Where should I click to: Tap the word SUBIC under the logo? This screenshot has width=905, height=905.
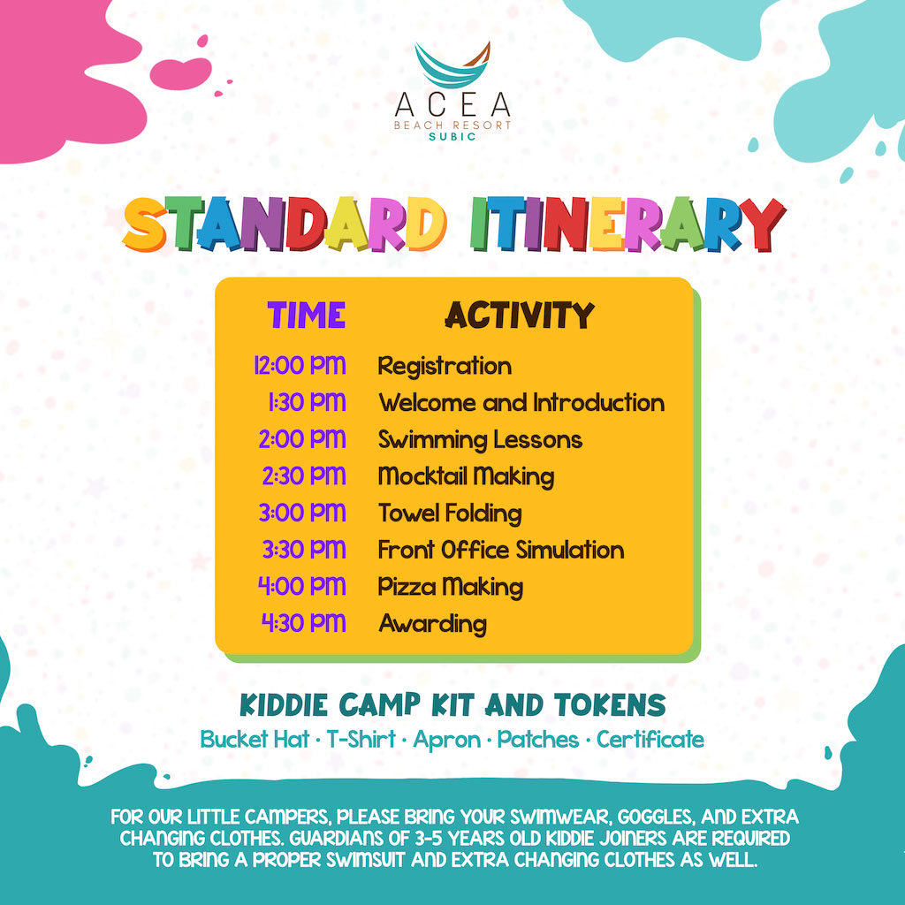452,137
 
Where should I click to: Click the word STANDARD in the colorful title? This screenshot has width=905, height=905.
284,224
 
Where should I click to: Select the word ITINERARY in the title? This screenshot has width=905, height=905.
628,224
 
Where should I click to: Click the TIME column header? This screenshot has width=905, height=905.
306,316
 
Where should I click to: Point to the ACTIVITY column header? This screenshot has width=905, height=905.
520,316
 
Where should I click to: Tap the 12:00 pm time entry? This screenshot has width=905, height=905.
300,366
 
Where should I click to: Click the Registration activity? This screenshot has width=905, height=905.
445,367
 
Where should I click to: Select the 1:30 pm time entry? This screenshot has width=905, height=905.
307,402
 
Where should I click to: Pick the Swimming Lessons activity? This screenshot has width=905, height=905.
480,440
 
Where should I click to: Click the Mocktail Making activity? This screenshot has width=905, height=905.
467,477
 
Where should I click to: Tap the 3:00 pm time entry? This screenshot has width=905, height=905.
302,513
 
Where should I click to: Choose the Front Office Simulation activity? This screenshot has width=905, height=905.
501,550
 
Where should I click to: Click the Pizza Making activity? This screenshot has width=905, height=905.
451,588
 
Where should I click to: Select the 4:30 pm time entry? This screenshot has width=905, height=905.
304,623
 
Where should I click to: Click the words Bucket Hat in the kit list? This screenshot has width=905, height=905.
255,740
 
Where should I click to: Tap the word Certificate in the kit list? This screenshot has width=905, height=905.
650,740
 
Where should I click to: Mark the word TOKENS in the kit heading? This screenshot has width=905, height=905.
610,705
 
